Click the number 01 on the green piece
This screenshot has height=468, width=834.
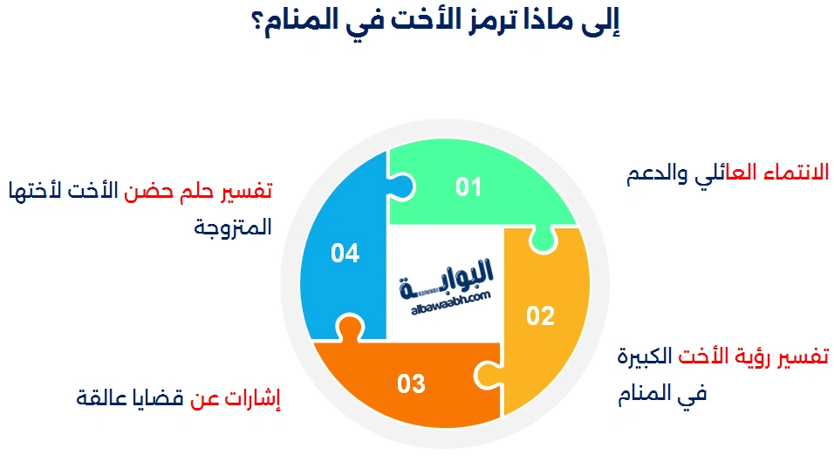tap(468, 187)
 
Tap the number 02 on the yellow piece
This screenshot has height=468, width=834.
tap(540, 315)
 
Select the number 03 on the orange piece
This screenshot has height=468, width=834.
tap(411, 383)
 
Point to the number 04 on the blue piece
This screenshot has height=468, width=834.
tap(345, 253)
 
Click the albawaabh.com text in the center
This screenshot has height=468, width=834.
tap(451, 303)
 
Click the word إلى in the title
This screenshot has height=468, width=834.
tap(602, 23)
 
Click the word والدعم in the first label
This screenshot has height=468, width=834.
tap(657, 173)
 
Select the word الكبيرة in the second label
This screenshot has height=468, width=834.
tap(645, 356)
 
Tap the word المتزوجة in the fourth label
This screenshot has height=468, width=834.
tap(233, 227)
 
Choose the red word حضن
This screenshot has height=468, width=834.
tap(148, 191)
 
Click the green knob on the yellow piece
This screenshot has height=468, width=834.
tap(543, 241)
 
